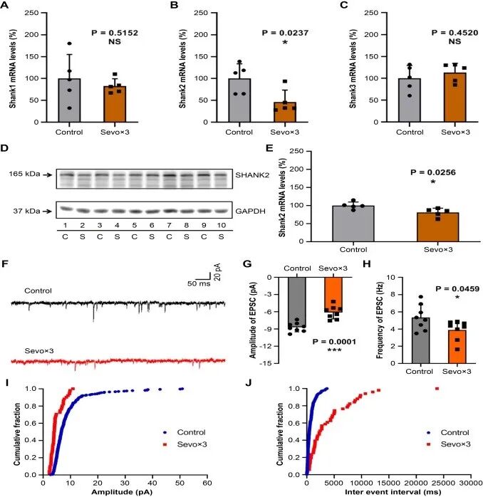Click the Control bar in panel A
pyautogui.click(x=69, y=100)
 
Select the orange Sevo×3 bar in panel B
pyautogui.click(x=285, y=112)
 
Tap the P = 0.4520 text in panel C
pyautogui.click(x=455, y=33)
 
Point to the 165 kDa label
pyautogui.click(x=24, y=174)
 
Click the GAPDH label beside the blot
pyautogui.click(x=250, y=211)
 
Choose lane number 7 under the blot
pyautogui.click(x=169, y=225)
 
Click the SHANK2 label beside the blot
pyautogui.click(x=252, y=175)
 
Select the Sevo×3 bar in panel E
pyautogui.click(x=437, y=227)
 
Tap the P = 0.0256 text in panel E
pyautogui.click(x=433, y=172)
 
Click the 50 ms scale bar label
pyautogui.click(x=199, y=283)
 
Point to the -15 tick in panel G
pyautogui.click(x=268, y=363)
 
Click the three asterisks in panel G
pyautogui.click(x=334, y=350)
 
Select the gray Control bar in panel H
pyautogui.click(x=421, y=340)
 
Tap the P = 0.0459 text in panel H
pyautogui.click(x=457, y=289)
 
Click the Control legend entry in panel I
pyautogui.click(x=184, y=432)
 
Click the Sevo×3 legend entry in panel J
pyautogui.click(x=448, y=444)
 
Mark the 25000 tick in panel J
pyautogui.click(x=443, y=483)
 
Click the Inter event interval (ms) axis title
pyautogui.click(x=393, y=492)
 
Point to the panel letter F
pyautogui.click(x=4, y=264)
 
